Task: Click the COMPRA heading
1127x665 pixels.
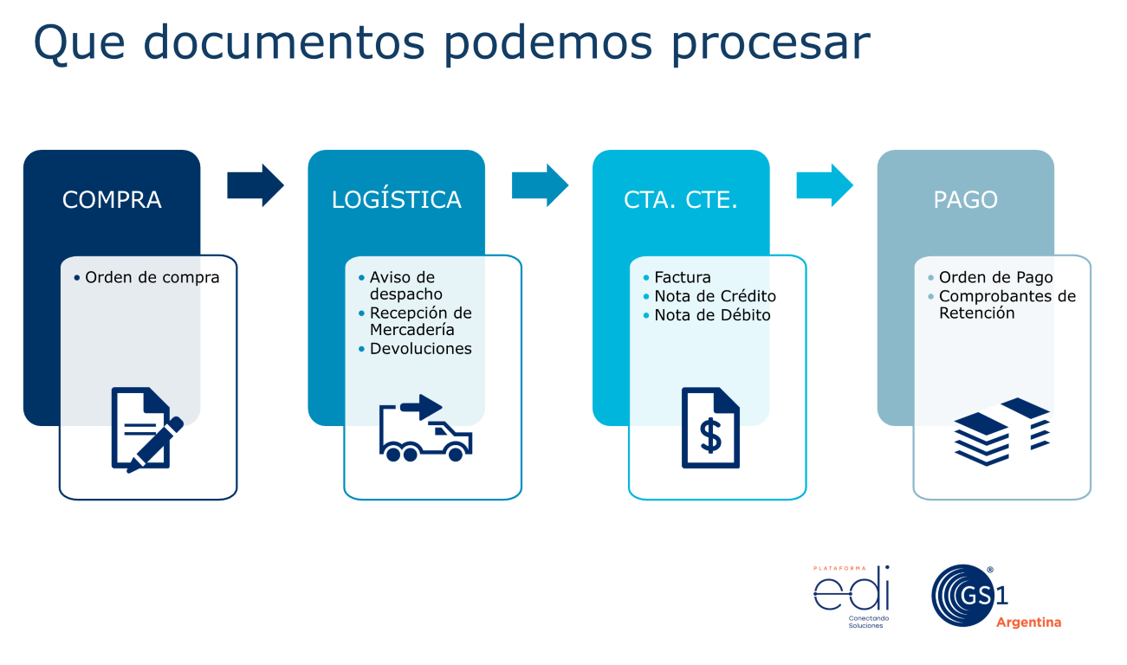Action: point(112,200)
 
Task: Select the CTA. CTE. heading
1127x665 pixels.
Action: point(681,200)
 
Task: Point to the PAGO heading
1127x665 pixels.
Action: point(966,200)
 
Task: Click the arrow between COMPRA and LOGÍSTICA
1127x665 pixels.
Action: point(256,185)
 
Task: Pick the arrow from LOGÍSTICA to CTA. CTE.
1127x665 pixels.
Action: point(541,185)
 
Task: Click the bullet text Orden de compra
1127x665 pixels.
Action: point(152,277)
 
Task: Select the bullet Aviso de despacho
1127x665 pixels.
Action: point(406,285)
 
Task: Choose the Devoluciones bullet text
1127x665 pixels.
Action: point(421,349)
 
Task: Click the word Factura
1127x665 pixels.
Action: point(683,277)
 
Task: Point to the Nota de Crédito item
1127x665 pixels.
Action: point(715,296)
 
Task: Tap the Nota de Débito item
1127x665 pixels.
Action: point(712,315)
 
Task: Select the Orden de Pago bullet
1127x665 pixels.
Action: point(995,277)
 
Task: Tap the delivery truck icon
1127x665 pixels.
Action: point(425,428)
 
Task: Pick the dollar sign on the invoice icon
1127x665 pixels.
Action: point(711,436)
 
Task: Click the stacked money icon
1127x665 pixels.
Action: point(1002,431)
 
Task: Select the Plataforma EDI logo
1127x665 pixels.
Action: point(852,597)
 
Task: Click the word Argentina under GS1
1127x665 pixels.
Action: point(1028,623)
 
